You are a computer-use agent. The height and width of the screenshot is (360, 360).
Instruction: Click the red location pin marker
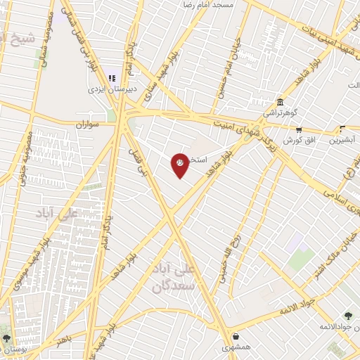click(180, 165)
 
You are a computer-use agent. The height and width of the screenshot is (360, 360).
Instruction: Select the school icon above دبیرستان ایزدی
click(110, 78)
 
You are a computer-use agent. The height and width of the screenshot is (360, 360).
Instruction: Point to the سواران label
click(91, 124)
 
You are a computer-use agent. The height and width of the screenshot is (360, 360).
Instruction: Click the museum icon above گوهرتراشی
click(281, 101)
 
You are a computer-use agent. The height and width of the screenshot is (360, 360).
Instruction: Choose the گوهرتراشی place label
click(281, 112)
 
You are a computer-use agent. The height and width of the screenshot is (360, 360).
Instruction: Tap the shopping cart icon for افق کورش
click(299, 129)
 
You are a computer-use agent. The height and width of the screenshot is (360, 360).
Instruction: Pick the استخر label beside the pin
click(198, 160)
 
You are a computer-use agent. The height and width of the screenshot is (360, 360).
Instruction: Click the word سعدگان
click(171, 287)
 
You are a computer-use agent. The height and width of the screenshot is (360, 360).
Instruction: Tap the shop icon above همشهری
click(236, 336)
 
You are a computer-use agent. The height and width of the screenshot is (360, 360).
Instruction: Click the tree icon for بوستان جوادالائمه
click(347, 316)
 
